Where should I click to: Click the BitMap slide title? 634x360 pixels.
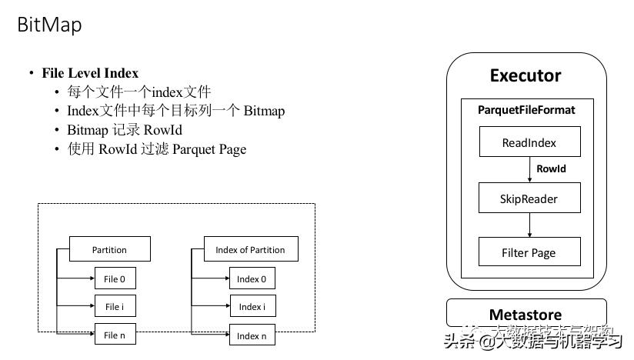[x=49, y=25]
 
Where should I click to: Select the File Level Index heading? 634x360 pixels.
[x=90, y=73]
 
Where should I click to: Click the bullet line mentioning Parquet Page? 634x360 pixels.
[x=157, y=149]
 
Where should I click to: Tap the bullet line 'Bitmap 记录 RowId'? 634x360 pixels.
[x=125, y=130]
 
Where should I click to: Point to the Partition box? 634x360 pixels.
[x=109, y=249]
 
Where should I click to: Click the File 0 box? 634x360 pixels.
[x=114, y=278]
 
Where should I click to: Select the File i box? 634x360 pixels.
[x=114, y=306]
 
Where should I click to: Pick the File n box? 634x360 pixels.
[x=114, y=335]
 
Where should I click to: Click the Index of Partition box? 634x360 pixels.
[x=250, y=249]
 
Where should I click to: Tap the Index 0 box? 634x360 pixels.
[x=252, y=278]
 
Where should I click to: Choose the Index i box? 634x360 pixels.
[x=252, y=306]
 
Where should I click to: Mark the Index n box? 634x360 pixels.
[x=252, y=335]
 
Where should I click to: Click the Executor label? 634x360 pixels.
[x=526, y=75]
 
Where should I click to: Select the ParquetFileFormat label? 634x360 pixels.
[x=526, y=110]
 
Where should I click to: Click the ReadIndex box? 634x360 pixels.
[x=529, y=142]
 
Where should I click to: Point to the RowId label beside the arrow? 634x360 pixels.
[x=551, y=168]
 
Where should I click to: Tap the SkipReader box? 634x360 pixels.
[x=529, y=198]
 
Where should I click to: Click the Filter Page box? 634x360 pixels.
[x=529, y=252]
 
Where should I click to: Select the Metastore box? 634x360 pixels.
[x=526, y=314]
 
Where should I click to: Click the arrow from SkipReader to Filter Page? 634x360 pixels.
[x=529, y=225]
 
